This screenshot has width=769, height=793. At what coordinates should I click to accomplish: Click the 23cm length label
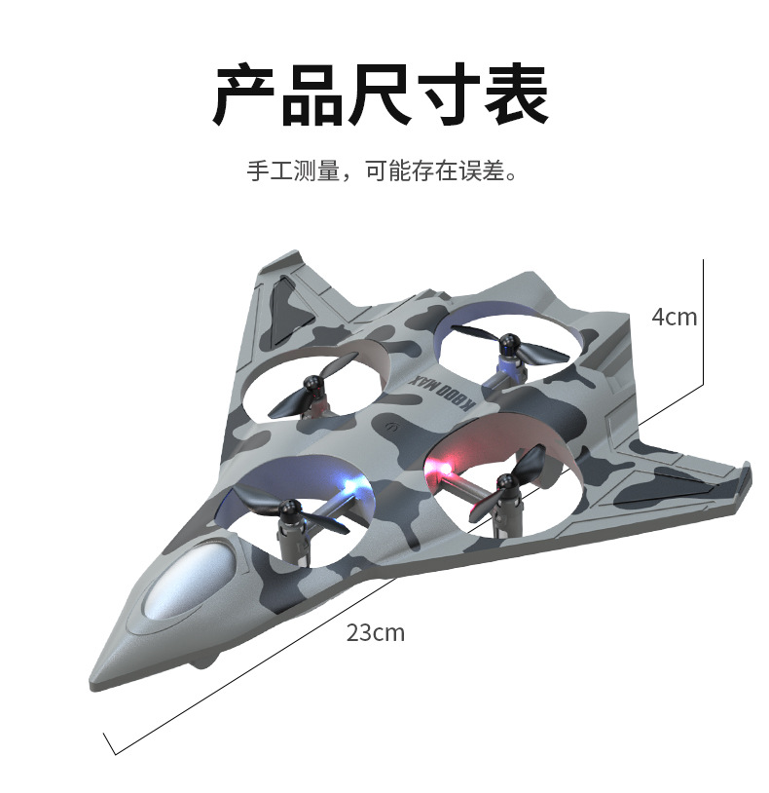click(x=375, y=633)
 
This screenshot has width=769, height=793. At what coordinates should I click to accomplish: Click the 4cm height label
click(x=675, y=317)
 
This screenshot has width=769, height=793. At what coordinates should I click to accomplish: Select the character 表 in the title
click(x=516, y=95)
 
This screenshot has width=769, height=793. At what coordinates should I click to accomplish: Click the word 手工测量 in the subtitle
click(x=293, y=172)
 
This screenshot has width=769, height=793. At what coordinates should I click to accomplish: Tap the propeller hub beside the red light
click(x=504, y=481)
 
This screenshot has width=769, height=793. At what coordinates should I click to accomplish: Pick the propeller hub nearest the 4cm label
click(x=507, y=345)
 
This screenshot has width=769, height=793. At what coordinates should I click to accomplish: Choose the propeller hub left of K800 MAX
click(x=313, y=387)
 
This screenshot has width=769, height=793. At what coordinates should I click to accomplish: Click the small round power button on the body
click(x=391, y=426)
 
